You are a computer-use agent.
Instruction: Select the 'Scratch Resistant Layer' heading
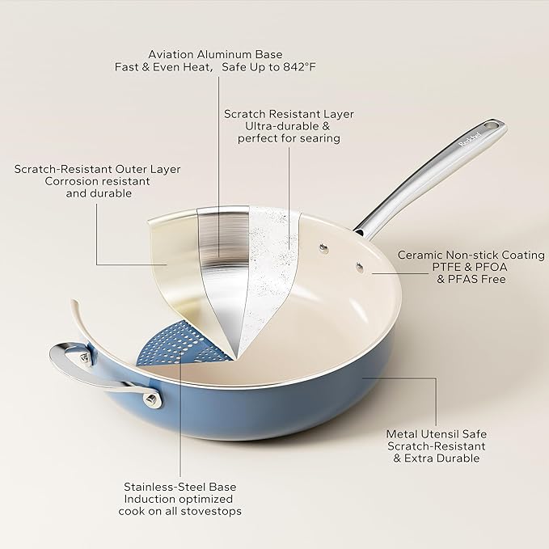coord(289,114)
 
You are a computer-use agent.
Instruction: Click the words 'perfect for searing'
coord(289,139)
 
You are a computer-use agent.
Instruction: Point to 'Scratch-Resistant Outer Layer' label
coord(97,169)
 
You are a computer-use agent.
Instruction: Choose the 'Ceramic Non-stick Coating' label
coord(471,254)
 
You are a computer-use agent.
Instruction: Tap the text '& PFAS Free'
coord(471,279)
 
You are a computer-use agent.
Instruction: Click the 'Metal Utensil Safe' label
coord(437,433)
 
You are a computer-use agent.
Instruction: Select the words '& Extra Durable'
coord(437,458)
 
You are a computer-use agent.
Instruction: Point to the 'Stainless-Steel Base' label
coord(183,487)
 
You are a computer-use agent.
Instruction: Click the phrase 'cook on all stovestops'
coord(183,512)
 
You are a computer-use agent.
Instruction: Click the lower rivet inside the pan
coord(357,263)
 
